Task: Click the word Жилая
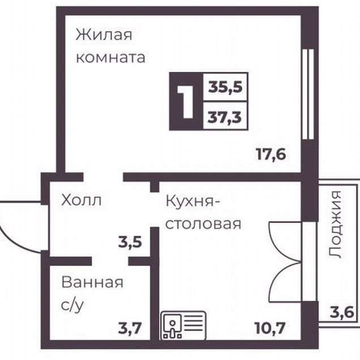pyautogui.click(x=104, y=35)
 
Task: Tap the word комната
pyautogui.click(x=110, y=57)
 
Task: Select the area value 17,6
pyautogui.click(x=271, y=155)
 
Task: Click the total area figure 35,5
pyautogui.click(x=225, y=87)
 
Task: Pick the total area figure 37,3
pyautogui.click(x=225, y=117)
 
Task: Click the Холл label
pyautogui.click(x=82, y=200)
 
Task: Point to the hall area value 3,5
pyautogui.click(x=130, y=243)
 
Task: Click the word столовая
pyautogui.click(x=203, y=224)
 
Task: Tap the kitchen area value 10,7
pyautogui.click(x=270, y=328)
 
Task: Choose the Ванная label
pyautogui.click(x=92, y=282)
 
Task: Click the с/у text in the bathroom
pyautogui.click(x=72, y=305)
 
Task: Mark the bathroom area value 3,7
pyautogui.click(x=130, y=328)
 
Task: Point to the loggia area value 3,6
pyautogui.click(x=342, y=312)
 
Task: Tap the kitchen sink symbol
pyautogui.click(x=183, y=325)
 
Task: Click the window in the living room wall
pyautogui.click(x=308, y=94)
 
